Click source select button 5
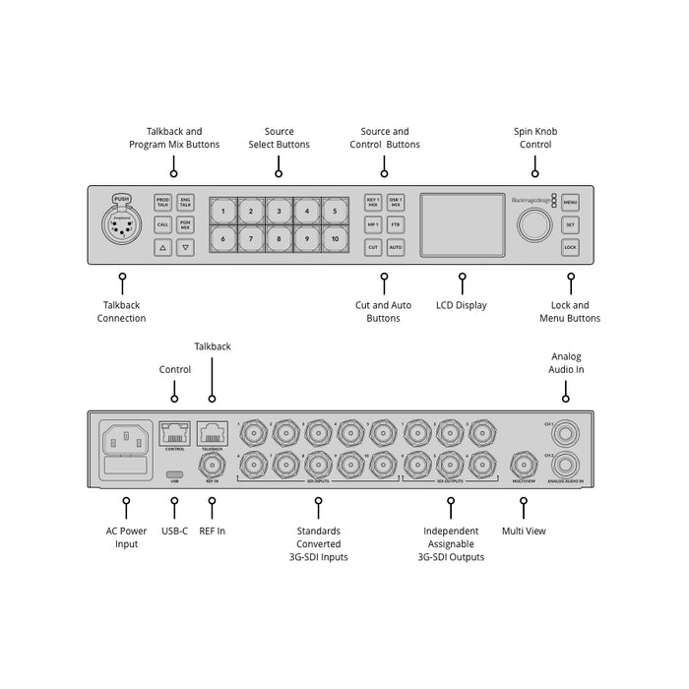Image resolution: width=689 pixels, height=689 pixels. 336,211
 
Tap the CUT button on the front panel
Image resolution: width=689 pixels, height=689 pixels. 373,248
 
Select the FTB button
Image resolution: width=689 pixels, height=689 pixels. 396,224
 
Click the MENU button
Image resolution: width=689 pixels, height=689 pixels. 571,201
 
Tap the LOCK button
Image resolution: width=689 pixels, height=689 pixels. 571,248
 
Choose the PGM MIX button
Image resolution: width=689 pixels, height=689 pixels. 185,224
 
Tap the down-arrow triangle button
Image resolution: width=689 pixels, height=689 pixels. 185,248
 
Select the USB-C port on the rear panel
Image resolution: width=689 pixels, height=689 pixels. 174,471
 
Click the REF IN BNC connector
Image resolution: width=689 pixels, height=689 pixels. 211,464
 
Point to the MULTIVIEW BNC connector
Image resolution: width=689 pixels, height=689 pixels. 523,464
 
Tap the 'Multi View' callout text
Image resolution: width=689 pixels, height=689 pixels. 523,531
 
